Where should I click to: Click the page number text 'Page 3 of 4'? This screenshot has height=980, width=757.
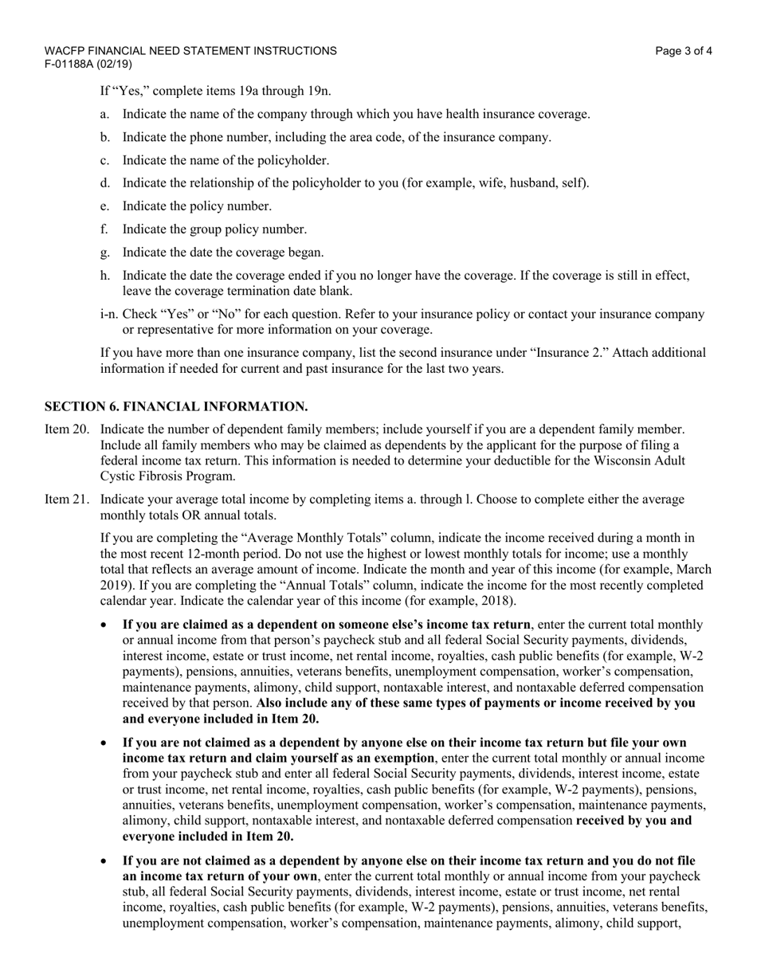click(684, 51)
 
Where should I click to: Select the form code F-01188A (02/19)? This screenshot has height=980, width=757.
click(88, 64)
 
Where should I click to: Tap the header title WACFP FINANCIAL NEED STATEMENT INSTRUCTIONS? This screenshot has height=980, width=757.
click(190, 51)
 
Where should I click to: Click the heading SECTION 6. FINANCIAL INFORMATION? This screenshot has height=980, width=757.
click(176, 406)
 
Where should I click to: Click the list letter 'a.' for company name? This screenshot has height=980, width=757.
click(105, 114)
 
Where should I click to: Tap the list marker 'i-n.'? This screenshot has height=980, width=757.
click(110, 314)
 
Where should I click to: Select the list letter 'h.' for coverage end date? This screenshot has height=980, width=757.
click(105, 276)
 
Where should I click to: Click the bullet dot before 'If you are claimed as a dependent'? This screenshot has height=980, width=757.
click(104, 625)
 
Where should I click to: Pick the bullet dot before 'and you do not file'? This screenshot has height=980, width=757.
click(104, 861)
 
